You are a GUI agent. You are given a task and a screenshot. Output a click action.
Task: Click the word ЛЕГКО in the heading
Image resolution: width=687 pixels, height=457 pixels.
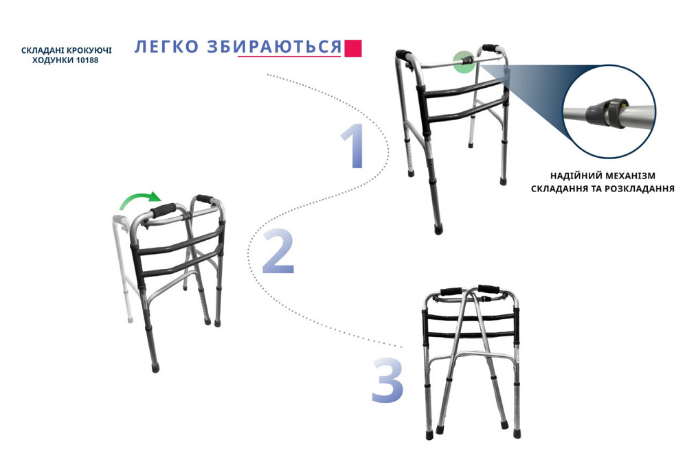(159, 47)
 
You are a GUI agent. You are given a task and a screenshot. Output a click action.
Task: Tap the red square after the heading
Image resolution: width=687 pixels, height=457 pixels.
(353, 48)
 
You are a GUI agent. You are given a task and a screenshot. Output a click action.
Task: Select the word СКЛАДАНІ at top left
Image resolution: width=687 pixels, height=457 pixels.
(40, 51)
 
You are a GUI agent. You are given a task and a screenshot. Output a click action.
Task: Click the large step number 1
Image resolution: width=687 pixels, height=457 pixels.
(353, 147)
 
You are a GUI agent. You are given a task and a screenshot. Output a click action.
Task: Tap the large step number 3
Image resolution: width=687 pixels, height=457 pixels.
(387, 379)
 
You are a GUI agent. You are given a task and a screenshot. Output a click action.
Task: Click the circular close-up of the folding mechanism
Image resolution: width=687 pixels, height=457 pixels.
(609, 110)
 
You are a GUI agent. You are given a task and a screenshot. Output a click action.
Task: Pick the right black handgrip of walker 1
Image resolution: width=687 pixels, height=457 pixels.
(493, 48)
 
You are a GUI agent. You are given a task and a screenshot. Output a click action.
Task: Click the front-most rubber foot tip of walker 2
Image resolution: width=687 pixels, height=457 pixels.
(155, 367)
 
